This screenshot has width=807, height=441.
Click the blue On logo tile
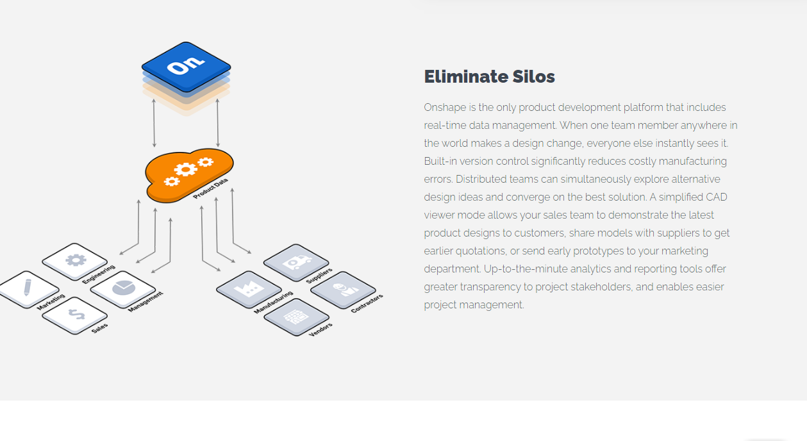tap(186, 66)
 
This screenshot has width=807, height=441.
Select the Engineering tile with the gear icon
tap(74, 260)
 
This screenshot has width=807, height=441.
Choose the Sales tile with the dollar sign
tap(74, 314)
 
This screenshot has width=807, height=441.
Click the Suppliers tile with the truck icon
tap(295, 262)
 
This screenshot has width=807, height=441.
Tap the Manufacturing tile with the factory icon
tap(248, 289)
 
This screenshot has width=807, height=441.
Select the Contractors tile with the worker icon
tap(343, 289)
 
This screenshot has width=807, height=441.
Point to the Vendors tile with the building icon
tap(295, 316)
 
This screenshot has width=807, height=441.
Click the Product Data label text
tap(210, 189)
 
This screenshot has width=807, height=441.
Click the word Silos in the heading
tap(533, 77)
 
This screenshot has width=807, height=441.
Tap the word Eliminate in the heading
tap(466, 77)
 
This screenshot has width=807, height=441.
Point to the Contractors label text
tap(367, 303)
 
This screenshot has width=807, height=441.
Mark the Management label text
tap(146, 302)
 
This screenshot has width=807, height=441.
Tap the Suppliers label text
tap(319, 276)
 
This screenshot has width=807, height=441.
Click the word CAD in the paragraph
tap(716, 197)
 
